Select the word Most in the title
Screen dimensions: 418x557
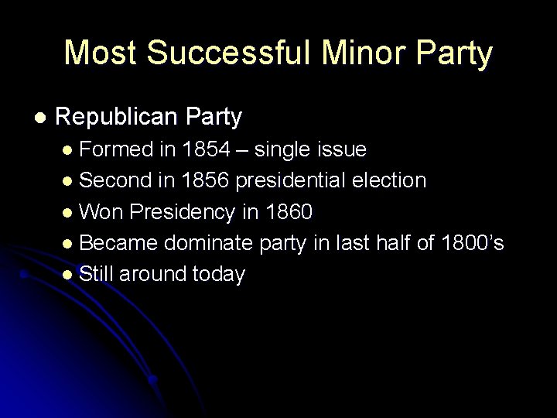97,53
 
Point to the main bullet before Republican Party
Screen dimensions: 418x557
40,118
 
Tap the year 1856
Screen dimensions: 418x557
205,180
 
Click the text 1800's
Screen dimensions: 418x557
472,243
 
